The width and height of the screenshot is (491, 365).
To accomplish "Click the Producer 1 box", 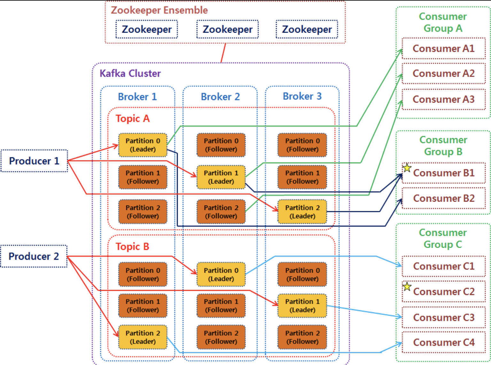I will click(x=34, y=161).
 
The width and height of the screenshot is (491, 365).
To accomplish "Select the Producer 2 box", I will click(x=34, y=256).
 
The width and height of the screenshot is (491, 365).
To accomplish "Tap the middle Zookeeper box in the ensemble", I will click(x=227, y=29).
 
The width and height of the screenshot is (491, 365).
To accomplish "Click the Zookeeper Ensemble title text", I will click(x=159, y=10).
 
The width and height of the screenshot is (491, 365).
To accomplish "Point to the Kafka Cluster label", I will click(x=130, y=74).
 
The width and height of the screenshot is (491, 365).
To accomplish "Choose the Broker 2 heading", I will click(x=220, y=97).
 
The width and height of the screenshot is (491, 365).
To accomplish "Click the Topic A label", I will click(x=133, y=119).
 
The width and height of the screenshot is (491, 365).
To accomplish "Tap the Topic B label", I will click(x=132, y=246).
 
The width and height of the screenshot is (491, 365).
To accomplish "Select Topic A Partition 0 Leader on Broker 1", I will click(x=143, y=145).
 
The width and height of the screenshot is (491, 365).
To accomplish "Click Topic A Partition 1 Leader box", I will click(x=221, y=177).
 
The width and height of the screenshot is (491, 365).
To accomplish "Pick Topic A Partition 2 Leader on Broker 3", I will click(x=302, y=212).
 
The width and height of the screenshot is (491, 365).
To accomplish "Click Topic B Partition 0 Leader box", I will click(x=221, y=274).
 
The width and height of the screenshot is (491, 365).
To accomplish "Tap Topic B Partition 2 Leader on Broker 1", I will click(x=143, y=337).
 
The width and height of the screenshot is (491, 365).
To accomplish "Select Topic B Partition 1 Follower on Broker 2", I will click(x=221, y=306).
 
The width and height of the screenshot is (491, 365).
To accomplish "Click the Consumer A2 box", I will click(x=443, y=74).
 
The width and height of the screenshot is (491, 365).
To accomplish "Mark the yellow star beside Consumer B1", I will click(x=407, y=167).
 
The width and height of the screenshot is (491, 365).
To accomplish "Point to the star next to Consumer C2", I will click(x=407, y=286).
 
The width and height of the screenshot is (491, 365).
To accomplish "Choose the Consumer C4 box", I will click(x=443, y=342).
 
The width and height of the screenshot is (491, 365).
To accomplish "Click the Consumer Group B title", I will click(x=443, y=145).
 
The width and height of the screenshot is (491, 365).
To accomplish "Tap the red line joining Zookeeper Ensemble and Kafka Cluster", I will click(x=223, y=53).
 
